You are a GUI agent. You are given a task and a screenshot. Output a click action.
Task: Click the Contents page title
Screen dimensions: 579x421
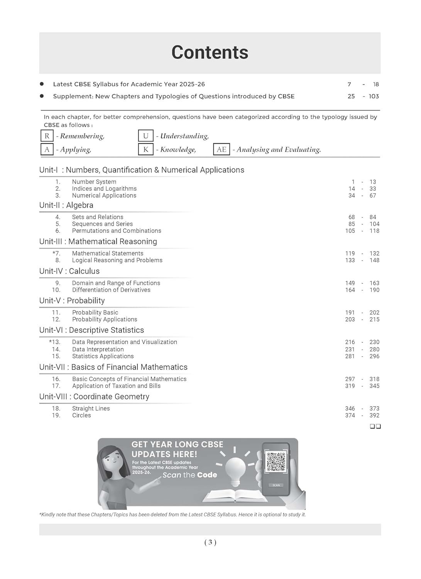210,52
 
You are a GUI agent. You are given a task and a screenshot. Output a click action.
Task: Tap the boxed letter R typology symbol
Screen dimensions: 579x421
47,136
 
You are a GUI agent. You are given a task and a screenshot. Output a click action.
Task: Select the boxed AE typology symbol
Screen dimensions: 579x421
221,149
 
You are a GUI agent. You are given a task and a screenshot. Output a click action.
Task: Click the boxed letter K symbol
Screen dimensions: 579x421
145,149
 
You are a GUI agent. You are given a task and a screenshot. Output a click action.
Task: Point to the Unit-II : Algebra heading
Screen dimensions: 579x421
66,205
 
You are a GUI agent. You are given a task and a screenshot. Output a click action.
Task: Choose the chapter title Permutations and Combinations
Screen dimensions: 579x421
117,231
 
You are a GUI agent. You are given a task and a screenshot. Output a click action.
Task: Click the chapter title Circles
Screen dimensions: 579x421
81,415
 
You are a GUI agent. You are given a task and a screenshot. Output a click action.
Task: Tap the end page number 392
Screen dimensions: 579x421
374,415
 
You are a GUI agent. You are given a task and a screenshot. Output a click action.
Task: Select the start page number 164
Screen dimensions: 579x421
350,290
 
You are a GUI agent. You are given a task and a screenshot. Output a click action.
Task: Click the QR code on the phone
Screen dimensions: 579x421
276,462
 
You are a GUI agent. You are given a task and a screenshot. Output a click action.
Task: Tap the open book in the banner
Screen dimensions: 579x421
235,496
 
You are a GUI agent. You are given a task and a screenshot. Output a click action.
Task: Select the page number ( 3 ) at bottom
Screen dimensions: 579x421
210,542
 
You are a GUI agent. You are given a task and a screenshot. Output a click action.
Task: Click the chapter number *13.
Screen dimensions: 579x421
55,342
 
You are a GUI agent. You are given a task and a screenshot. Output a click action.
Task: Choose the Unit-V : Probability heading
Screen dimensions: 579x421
72,301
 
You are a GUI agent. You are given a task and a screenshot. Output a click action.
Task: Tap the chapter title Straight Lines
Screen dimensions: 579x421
91,408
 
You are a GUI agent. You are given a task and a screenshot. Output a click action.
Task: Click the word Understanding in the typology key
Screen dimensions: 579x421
184,136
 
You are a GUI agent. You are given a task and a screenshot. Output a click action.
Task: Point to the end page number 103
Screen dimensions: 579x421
374,96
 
